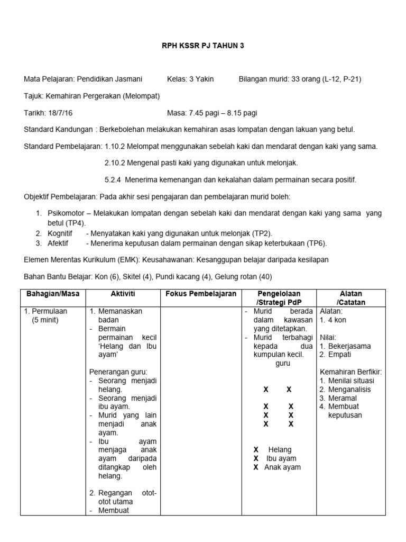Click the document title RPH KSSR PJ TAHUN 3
[x=203, y=46]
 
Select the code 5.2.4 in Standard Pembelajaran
[x=113, y=179]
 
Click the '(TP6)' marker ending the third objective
[x=317, y=243]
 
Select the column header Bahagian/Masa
[x=52, y=293]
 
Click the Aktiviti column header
[x=123, y=293]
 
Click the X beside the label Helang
[x=256, y=449]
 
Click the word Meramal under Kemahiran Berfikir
[x=343, y=398]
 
